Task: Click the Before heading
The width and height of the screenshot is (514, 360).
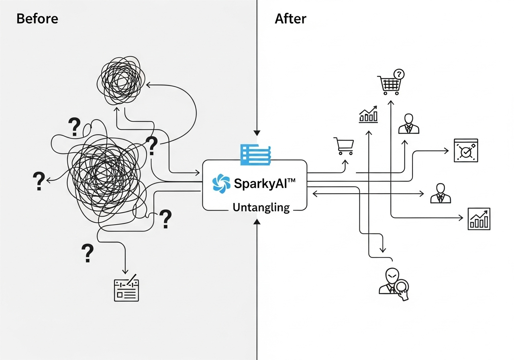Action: (x=37, y=19)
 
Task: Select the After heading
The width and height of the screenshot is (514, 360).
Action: (x=290, y=19)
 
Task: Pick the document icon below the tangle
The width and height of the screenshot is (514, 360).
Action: (x=126, y=290)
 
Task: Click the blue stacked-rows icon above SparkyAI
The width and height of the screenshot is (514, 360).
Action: (x=256, y=154)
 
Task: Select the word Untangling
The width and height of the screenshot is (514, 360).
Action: (x=261, y=207)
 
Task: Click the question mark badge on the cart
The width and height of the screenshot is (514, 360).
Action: (x=399, y=74)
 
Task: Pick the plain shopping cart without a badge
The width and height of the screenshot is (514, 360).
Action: (x=344, y=146)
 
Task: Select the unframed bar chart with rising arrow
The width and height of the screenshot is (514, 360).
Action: (x=368, y=115)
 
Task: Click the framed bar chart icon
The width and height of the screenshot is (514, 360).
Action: (x=479, y=219)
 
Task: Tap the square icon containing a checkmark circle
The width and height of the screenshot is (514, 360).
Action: (x=466, y=151)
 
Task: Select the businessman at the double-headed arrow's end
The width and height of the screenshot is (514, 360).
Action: (x=441, y=193)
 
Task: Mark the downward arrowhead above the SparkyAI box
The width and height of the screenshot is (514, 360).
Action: (x=257, y=133)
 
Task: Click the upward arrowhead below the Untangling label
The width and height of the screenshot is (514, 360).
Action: (x=257, y=221)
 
